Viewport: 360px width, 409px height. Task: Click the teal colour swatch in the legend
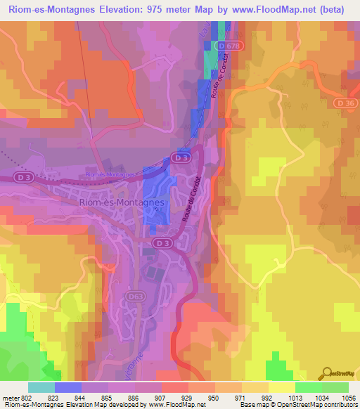tap(41, 387)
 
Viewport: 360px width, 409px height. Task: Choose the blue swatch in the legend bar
tap(67, 387)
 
